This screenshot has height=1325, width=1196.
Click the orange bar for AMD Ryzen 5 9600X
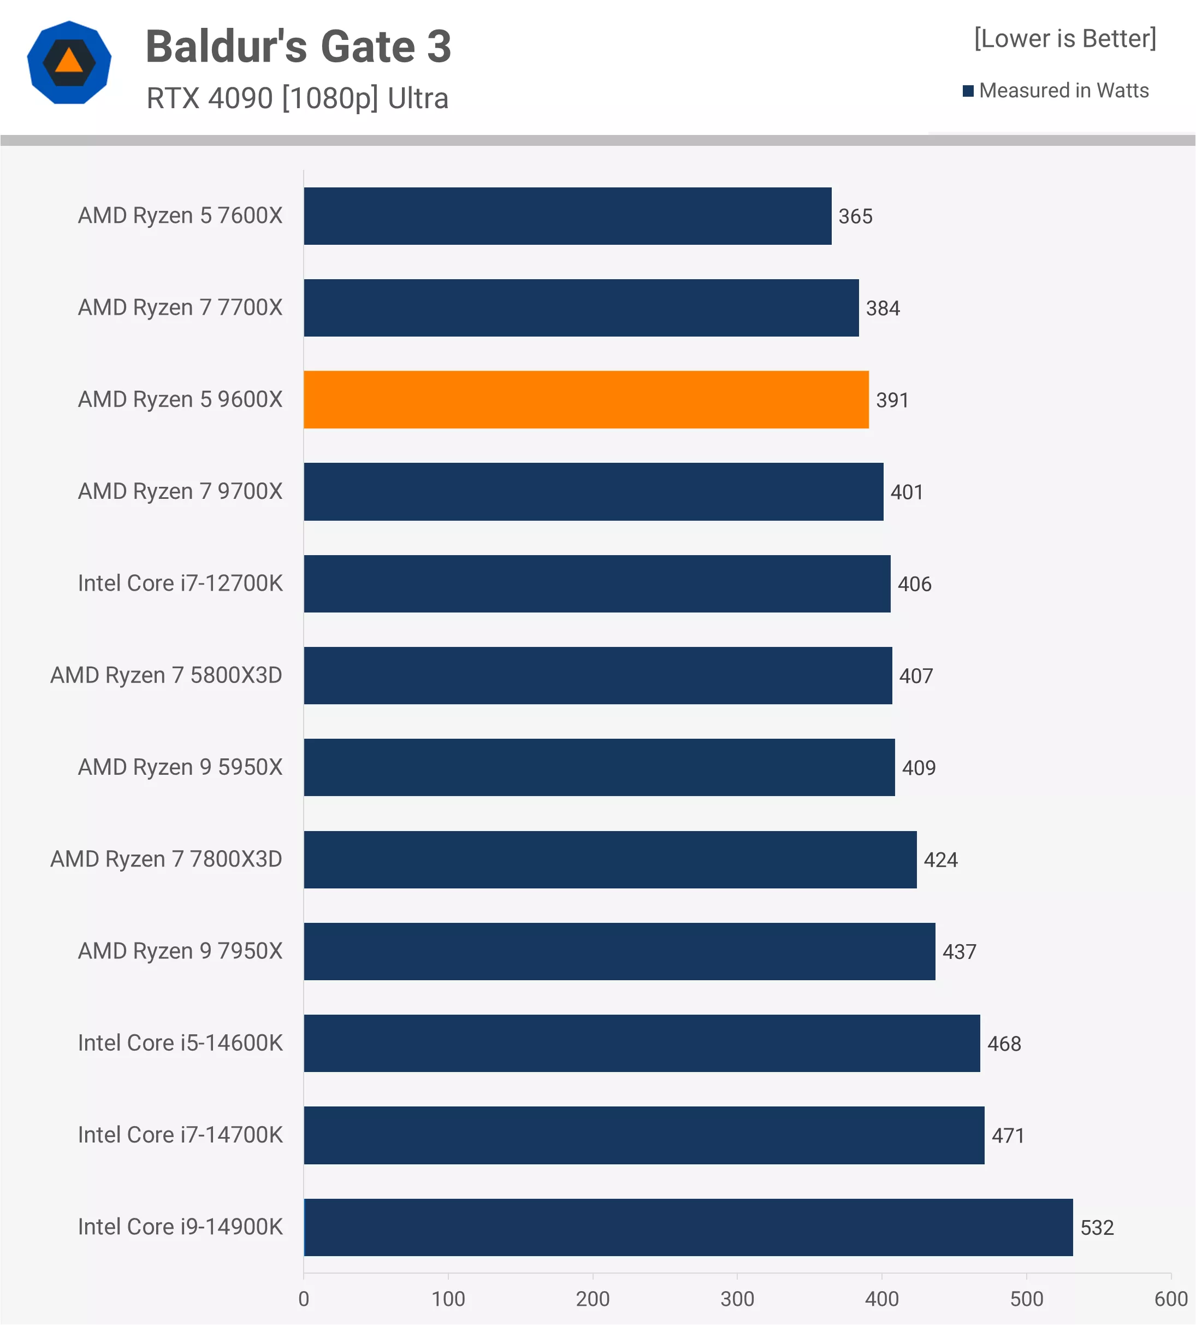pos(586,399)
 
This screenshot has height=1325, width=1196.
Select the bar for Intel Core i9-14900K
pos(688,1227)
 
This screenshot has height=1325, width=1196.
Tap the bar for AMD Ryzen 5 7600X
pos(567,216)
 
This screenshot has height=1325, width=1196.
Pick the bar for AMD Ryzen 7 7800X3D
pos(610,859)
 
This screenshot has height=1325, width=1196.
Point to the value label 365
pos(855,217)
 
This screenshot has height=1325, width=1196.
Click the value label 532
pos(1097,1228)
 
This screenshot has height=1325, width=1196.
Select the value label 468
pos(1004,1044)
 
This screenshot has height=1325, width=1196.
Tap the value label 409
pos(918,768)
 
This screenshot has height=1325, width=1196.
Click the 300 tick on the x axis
pos(737,1299)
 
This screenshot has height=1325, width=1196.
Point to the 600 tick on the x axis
pos(1170,1299)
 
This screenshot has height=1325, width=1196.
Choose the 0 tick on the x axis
pos(304,1299)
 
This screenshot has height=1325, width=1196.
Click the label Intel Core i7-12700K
pos(180,584)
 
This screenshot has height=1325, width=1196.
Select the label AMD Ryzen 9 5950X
pos(180,767)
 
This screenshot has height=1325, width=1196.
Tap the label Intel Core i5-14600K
pos(180,1043)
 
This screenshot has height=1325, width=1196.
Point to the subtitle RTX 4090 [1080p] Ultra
pos(297,98)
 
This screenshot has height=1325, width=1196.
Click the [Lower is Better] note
pos(1064,39)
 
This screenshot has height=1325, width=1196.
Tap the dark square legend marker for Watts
pos(967,91)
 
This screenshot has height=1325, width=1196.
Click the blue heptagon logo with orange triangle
pos(69,62)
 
